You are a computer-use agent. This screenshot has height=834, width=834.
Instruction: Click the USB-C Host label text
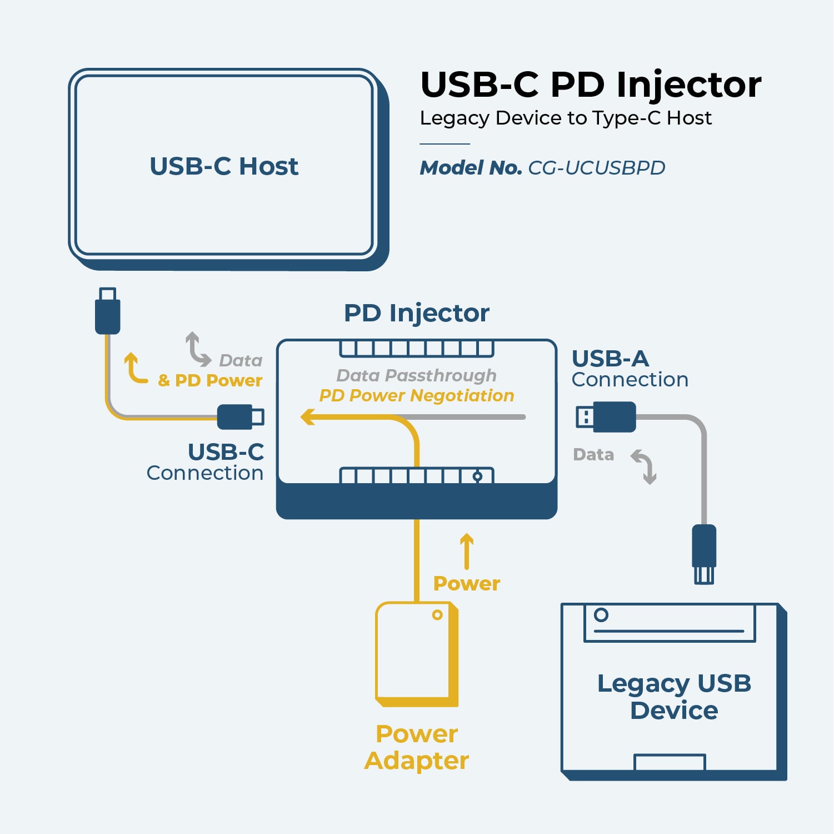click(x=224, y=166)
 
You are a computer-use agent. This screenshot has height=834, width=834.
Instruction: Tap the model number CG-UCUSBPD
click(x=596, y=167)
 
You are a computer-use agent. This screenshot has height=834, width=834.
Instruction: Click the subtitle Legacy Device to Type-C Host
click(x=565, y=118)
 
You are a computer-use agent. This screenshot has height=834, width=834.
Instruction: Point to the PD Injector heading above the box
click(x=416, y=313)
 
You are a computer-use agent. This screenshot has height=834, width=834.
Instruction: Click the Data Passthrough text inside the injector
click(x=416, y=375)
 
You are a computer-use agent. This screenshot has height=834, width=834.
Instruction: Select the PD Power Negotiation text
click(x=416, y=395)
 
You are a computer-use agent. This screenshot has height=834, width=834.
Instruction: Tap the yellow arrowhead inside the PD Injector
click(x=307, y=416)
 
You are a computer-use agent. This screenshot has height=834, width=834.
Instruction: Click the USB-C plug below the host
click(x=107, y=312)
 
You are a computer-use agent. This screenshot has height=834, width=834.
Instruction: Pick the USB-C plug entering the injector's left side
click(x=239, y=416)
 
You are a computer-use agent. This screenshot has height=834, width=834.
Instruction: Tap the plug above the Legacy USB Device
click(x=704, y=553)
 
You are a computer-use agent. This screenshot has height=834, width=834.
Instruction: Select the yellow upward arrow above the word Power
click(x=467, y=550)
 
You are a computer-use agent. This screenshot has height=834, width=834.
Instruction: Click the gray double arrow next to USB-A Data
click(x=645, y=466)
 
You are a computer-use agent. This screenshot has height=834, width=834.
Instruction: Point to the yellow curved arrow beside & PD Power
click(x=134, y=368)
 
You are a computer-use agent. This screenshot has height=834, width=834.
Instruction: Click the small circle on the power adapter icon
click(x=437, y=614)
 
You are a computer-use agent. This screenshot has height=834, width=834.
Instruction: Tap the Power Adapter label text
click(x=416, y=747)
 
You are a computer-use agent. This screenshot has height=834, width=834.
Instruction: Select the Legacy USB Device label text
click(x=674, y=697)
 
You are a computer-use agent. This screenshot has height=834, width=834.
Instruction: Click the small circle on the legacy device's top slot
click(x=601, y=615)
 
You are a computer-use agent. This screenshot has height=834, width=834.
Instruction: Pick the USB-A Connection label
click(x=630, y=369)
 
